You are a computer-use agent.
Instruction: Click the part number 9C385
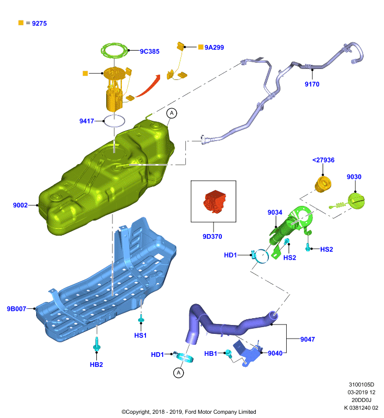[x=150, y=51]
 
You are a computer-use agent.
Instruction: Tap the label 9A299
[x=214, y=48]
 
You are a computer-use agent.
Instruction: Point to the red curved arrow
[x=149, y=86]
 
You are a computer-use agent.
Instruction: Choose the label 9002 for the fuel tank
[x=20, y=205]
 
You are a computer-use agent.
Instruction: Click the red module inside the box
[x=214, y=201]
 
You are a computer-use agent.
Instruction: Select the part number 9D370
[x=212, y=237]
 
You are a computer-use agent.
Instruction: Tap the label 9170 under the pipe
[x=312, y=84]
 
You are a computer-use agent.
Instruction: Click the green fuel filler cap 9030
[x=356, y=201]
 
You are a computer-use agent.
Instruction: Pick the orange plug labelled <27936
[x=323, y=184]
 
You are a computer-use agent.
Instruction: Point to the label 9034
[x=275, y=213]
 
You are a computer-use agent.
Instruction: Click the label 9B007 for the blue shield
[x=16, y=309]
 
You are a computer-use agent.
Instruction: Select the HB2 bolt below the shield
[x=96, y=344]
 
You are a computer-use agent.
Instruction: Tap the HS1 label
[x=140, y=335]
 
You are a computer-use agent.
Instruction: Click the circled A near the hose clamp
[x=178, y=373]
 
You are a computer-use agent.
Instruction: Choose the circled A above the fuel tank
[x=172, y=113]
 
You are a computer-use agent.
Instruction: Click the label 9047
[x=308, y=339]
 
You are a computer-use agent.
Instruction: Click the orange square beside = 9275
[x=21, y=23]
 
